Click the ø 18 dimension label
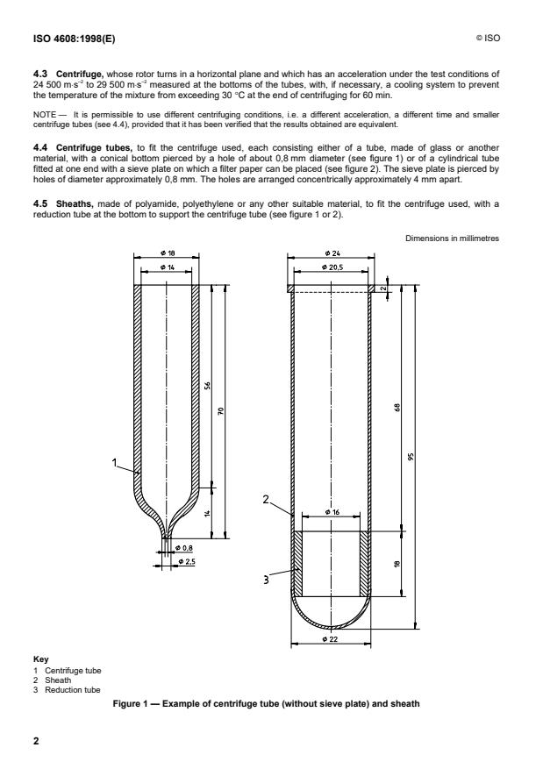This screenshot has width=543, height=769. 168,253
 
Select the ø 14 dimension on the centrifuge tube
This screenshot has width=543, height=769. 168,267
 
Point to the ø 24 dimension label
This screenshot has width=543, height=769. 332,253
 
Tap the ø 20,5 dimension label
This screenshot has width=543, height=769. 332,267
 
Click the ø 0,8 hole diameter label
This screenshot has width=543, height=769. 185,548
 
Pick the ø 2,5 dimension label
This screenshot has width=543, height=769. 186,561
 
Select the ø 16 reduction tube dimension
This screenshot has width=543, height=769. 332,512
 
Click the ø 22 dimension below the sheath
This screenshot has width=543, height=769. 331,639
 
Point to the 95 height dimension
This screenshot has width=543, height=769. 411,457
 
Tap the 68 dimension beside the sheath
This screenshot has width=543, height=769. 397,408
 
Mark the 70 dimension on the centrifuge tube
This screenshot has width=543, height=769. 220,411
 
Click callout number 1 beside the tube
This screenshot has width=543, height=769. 114,462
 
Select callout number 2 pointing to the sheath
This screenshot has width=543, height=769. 266,499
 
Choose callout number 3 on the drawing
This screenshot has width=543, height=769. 267,580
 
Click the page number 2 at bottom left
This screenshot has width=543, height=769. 36,741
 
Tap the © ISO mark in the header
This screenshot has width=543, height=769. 488,38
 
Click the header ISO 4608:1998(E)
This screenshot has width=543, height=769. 74,39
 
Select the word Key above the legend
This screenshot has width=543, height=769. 40,659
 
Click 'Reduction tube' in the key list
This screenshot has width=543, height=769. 72,690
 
